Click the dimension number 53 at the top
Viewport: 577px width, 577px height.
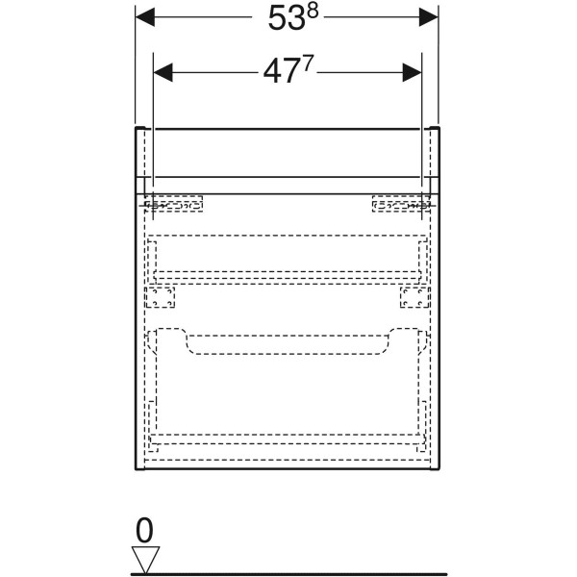click(x=287, y=18)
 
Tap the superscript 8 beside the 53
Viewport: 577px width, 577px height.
click(x=313, y=12)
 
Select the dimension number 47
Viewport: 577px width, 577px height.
click(x=281, y=72)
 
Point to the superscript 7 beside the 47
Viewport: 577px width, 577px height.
click(x=308, y=63)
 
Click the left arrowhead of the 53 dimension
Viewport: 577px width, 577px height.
click(x=145, y=17)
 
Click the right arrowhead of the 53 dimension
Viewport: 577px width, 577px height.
click(x=429, y=17)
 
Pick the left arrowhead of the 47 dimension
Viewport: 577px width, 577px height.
click(x=163, y=72)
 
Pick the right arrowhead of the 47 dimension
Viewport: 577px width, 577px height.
click(x=412, y=72)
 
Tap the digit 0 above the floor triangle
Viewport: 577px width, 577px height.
click(x=144, y=530)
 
